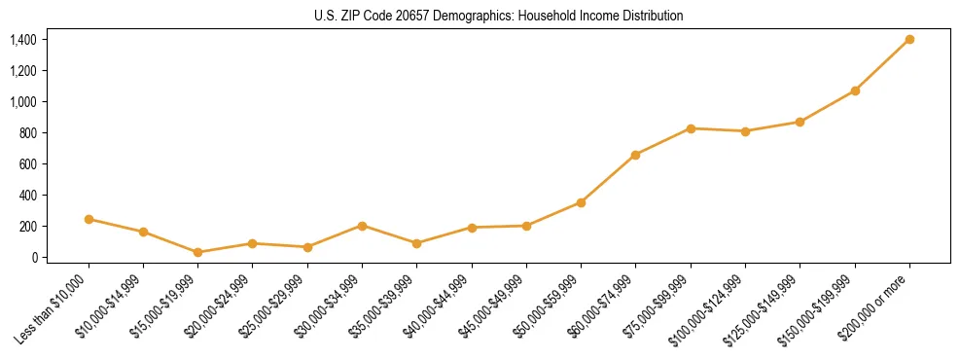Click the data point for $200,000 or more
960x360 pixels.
click(x=909, y=40)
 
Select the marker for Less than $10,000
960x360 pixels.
click(x=89, y=219)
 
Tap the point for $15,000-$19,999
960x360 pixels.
click(x=198, y=252)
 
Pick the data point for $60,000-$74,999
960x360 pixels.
click(x=636, y=155)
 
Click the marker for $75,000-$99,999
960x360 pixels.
click(x=691, y=128)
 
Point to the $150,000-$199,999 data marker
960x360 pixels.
click(x=855, y=90)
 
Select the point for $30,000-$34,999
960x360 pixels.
click(x=362, y=226)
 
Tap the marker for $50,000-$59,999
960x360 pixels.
click(x=581, y=202)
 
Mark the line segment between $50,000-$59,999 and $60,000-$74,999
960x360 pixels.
click(x=608, y=179)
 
